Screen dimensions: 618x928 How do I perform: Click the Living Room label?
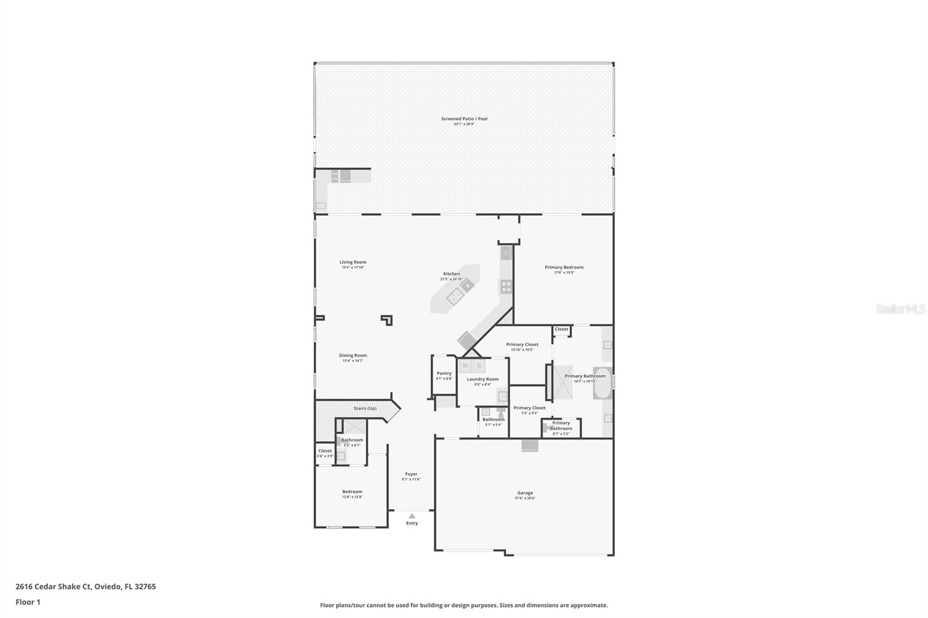[x=353, y=262]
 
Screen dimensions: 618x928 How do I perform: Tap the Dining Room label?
[x=353, y=355]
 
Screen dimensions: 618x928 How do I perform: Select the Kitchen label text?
[x=451, y=274]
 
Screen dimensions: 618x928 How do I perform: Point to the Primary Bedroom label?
[x=564, y=267]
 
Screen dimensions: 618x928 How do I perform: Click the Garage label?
[x=525, y=493]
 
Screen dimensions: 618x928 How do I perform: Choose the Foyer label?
[x=411, y=474]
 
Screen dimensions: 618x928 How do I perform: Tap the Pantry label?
[x=444, y=373]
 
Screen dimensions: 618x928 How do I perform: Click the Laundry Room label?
[x=483, y=379]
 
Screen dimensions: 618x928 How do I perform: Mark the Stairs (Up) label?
[x=365, y=408]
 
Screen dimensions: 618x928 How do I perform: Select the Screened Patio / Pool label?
[x=464, y=119]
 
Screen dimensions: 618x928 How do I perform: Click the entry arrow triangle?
[x=412, y=515]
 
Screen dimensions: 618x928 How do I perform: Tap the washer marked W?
[x=465, y=366]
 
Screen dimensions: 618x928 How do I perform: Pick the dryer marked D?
[x=479, y=366]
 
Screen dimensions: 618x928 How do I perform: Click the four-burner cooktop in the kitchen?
[x=506, y=286]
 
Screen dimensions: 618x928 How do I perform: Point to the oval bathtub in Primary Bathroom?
[x=603, y=383]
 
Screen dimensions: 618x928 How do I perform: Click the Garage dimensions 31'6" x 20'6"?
[x=525, y=498]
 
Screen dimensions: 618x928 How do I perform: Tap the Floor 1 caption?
[x=28, y=602]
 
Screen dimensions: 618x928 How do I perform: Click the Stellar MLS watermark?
[x=900, y=310]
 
